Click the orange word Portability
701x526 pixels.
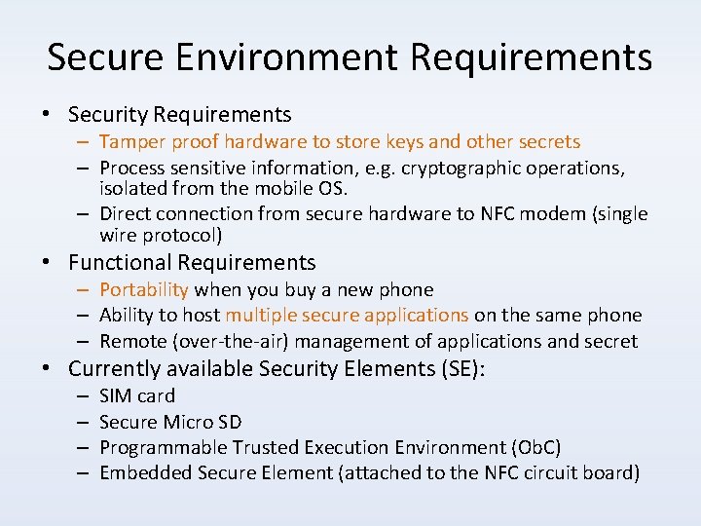(144, 289)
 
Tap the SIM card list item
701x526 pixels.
(137, 395)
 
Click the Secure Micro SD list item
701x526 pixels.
(170, 422)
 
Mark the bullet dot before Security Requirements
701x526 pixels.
(46, 115)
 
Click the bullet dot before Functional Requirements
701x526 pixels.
(46, 263)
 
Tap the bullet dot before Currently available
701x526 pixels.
(46, 370)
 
